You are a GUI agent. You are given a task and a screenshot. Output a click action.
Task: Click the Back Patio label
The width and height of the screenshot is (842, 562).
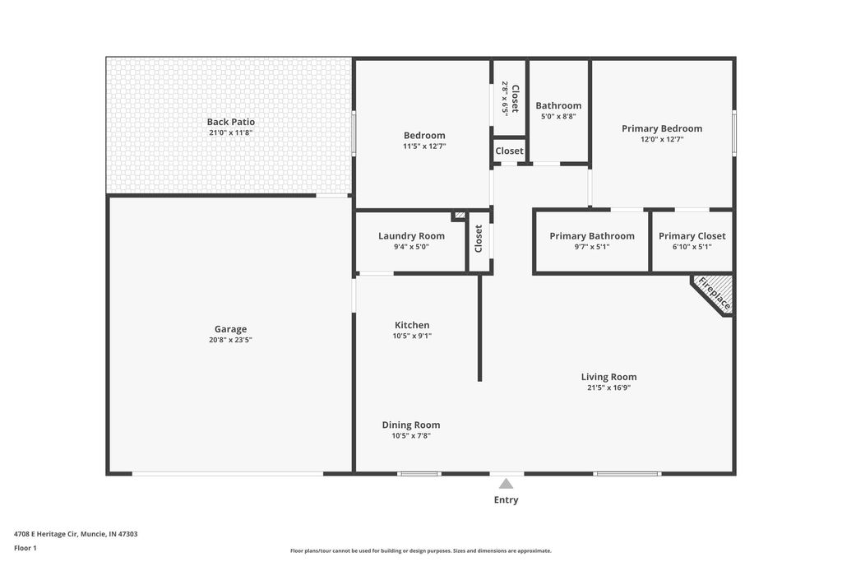pos(230,122)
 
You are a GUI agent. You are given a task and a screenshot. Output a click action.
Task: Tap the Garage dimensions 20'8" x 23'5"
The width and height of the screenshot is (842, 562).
pos(230,339)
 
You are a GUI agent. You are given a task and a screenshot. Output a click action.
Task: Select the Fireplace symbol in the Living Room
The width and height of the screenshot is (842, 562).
pos(714,294)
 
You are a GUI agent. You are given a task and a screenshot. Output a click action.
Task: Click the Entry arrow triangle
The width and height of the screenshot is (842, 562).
pos(507,484)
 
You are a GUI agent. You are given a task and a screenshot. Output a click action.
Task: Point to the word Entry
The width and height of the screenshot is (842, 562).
pos(507,499)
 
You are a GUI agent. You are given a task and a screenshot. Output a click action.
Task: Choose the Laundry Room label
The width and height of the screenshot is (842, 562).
pos(411,236)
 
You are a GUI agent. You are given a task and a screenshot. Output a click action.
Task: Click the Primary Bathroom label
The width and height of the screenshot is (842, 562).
pos(592,236)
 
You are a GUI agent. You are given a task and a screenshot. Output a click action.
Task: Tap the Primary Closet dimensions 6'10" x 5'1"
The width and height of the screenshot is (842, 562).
pos(692,246)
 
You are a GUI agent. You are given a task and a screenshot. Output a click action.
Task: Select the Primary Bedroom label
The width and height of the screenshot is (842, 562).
pos(662,128)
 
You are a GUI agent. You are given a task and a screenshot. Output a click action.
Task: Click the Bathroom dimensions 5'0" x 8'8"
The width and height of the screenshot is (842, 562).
pos(558,116)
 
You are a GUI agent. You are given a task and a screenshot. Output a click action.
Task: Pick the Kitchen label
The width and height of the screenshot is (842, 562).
pos(411,325)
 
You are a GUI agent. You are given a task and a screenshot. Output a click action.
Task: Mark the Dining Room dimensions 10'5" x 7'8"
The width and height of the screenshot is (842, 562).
pos(411,435)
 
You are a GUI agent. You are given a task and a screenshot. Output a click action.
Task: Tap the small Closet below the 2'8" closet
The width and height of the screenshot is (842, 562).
pos(509,151)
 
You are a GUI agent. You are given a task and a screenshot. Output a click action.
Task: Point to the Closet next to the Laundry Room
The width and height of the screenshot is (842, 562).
pos(479,239)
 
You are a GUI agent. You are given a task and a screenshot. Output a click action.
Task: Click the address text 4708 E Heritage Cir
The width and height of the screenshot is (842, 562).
pos(76,533)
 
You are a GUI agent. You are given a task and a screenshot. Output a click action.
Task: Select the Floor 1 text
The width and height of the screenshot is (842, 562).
pos(25,547)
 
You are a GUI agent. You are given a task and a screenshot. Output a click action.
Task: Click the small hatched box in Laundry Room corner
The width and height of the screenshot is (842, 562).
pos(459,216)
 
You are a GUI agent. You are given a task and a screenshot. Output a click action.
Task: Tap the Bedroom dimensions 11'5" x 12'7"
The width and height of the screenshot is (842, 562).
pos(424,146)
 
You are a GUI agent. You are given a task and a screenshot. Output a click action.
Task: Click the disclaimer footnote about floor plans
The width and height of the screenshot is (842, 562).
pos(420,550)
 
